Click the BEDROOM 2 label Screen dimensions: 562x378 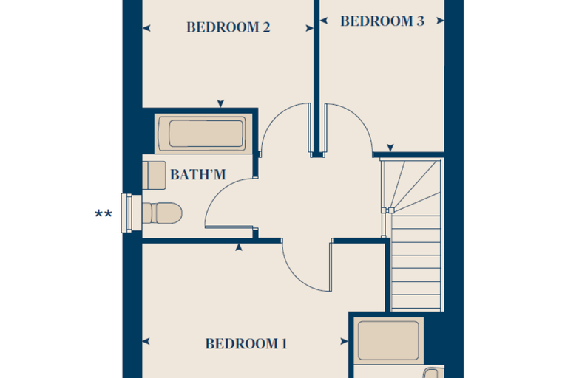click(228, 27)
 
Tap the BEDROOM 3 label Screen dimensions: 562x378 click(382, 21)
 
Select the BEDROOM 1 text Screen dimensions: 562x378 click(246, 343)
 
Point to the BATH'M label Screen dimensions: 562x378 click(198, 175)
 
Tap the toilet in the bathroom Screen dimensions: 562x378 click(162, 213)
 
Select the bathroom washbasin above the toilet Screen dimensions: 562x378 click(154, 176)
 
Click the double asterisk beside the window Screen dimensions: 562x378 click(104, 214)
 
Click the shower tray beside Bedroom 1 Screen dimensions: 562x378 click(388, 340)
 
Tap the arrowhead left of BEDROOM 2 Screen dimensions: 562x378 click(146, 28)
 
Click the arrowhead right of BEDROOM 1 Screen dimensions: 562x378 click(344, 342)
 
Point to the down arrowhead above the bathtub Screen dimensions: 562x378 click(220, 103)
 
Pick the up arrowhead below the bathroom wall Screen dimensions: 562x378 click(239, 247)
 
